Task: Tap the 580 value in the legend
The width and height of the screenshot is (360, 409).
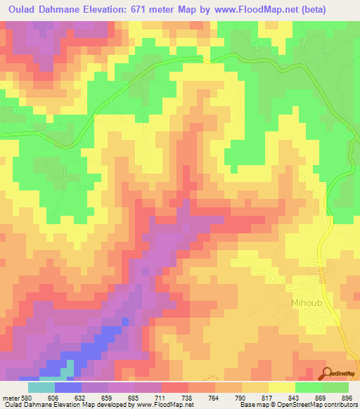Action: (x=25, y=397)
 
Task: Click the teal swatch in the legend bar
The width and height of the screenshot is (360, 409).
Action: (x=41, y=387)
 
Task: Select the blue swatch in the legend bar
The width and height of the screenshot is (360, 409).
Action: (x=68, y=387)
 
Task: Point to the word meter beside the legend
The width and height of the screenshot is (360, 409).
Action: (x=9, y=397)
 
